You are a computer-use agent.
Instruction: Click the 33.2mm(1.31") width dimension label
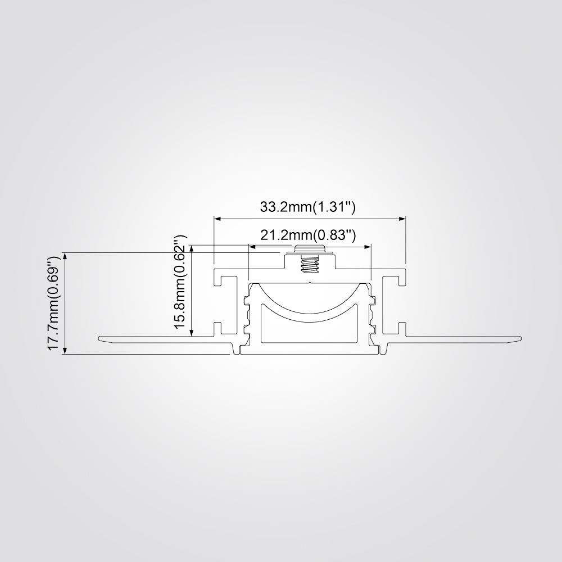(x=307, y=207)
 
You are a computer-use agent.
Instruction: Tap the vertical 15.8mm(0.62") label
(x=180, y=282)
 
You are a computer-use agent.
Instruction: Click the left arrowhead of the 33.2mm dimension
(x=217, y=218)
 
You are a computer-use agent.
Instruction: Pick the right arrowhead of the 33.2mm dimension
(x=402, y=218)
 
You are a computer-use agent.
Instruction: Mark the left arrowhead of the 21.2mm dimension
(x=252, y=247)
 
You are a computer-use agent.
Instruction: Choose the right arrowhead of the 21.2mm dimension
(x=368, y=247)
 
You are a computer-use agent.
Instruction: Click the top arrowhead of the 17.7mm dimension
(x=65, y=256)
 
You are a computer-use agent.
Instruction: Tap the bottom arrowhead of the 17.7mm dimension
(x=65, y=351)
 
